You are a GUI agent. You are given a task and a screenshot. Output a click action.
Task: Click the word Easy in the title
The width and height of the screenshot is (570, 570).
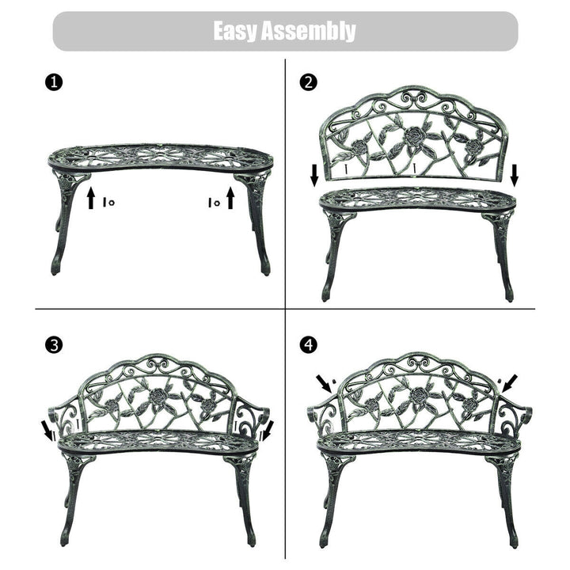(235, 31)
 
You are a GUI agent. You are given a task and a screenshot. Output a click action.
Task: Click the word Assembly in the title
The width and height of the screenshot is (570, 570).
(309, 31)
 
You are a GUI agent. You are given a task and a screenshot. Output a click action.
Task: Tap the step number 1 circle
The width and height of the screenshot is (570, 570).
(54, 82)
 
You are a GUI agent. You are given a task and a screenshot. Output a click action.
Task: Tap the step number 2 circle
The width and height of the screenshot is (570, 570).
(308, 82)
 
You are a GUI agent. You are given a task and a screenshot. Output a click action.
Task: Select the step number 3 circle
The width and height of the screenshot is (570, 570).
(54, 345)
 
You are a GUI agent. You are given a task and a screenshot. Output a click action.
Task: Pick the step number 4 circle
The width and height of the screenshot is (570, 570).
(308, 344)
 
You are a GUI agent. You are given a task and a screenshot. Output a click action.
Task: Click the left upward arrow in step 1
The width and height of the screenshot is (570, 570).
(91, 198)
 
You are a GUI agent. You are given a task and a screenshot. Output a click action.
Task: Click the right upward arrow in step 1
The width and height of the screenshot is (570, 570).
(230, 198)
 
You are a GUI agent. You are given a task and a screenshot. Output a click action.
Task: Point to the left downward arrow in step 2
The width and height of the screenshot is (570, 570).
(315, 175)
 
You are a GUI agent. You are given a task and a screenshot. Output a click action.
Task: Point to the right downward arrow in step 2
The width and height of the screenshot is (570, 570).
(515, 175)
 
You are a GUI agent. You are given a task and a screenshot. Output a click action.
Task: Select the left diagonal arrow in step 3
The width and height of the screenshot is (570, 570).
(47, 430)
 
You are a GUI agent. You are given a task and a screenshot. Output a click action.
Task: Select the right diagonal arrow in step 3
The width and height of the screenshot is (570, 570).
(268, 430)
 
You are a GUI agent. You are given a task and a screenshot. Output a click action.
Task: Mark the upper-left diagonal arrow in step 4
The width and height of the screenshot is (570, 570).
(325, 384)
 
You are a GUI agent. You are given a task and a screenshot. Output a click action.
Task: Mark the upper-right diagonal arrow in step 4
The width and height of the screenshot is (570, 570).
(509, 384)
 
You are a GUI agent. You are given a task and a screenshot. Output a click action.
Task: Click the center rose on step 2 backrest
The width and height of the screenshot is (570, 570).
(413, 136)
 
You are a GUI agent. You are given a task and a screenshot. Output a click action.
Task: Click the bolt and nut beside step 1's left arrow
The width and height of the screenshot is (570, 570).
(108, 202)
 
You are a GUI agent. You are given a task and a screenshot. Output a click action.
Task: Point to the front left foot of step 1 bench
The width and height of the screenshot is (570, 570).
(55, 268)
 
